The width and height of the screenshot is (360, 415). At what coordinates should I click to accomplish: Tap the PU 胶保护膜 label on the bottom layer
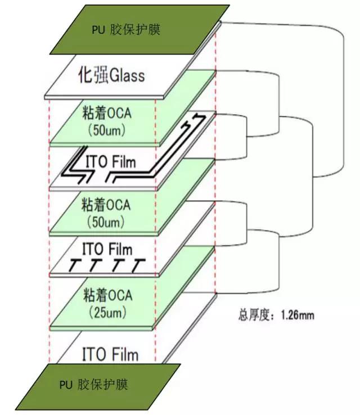point(93,385)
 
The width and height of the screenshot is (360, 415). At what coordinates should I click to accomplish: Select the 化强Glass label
point(110,74)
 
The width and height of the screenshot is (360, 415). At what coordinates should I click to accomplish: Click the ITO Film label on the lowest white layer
point(110,355)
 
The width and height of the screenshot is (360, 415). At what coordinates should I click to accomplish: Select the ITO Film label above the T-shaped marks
point(107,248)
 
